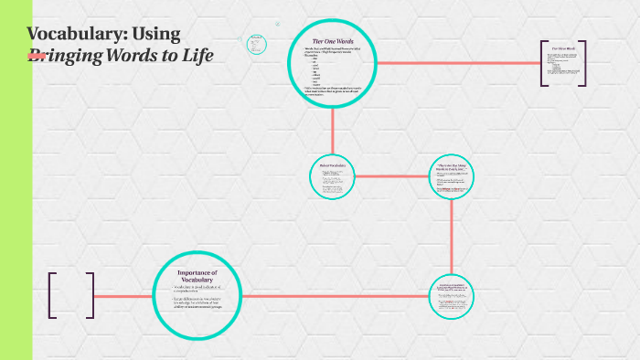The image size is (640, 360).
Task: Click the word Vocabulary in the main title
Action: point(77,34)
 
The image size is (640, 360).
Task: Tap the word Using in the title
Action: point(156,34)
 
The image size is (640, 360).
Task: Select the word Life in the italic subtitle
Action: point(197,56)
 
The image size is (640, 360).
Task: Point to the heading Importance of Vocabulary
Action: point(197,277)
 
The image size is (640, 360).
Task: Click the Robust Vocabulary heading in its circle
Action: point(331,165)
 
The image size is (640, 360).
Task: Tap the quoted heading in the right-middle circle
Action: point(453,166)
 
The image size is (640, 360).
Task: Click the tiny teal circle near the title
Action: point(255,42)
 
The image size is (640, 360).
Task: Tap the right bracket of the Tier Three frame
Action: point(583,64)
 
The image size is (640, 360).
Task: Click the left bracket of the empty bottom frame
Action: point(51,295)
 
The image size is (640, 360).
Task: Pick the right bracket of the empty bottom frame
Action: point(91,295)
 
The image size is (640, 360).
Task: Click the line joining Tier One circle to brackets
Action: point(457,63)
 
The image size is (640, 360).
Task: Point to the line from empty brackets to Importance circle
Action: point(123,296)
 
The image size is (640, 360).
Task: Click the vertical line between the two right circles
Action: point(453,238)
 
